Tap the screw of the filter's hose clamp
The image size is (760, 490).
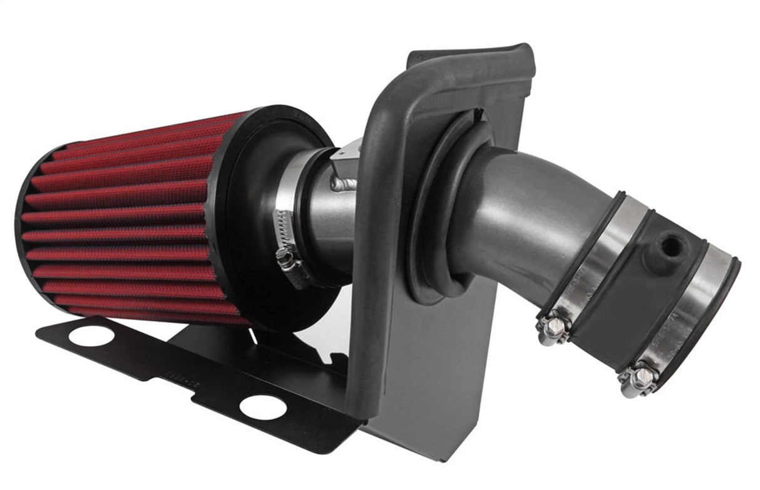[x=287, y=257]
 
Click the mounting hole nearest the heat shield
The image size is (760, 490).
[x=263, y=407]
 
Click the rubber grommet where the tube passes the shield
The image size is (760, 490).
[x=438, y=207]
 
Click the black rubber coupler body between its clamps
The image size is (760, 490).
[x=632, y=294]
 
